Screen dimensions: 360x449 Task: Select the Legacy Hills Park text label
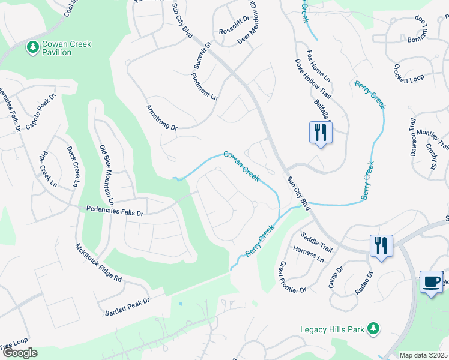coord(333,329)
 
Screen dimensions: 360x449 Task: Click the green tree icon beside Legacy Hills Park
coord(373,328)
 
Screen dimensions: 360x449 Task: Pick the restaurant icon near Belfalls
coord(320,133)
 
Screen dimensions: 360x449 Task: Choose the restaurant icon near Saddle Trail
coord(381,246)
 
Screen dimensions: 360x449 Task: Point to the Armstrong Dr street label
coord(162,118)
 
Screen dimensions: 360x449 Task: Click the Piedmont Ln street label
coord(204,86)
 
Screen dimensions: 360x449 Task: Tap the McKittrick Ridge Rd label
coord(98,263)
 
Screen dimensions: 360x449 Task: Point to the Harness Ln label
coord(309,254)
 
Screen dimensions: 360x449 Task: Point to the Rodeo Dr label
coord(364,283)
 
